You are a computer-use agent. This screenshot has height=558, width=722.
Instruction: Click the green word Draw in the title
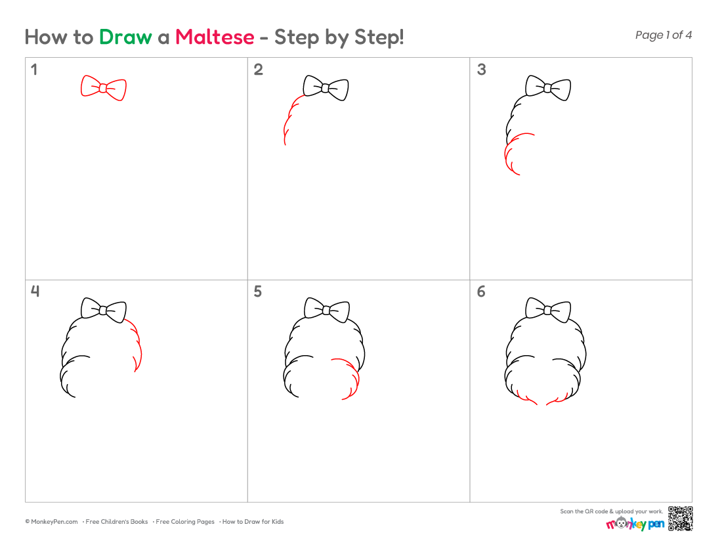(125, 37)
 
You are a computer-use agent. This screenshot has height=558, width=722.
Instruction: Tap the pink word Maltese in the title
(215, 37)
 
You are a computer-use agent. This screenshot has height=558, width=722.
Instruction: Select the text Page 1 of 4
(663, 35)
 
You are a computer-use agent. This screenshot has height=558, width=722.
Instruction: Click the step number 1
(33, 70)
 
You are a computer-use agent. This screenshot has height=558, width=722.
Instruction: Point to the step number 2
(259, 70)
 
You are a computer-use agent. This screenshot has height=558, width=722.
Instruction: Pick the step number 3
(481, 70)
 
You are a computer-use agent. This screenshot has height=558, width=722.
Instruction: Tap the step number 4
(35, 291)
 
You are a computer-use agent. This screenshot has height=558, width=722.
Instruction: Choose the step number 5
(258, 291)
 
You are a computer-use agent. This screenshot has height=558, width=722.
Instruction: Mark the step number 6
(481, 291)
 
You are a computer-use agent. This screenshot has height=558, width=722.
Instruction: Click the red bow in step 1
(104, 88)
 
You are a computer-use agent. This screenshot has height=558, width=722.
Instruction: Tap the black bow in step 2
(326, 88)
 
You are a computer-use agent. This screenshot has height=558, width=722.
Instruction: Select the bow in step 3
(548, 88)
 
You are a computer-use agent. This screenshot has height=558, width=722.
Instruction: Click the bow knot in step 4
(104, 311)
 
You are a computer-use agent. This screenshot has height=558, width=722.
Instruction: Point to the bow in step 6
(548, 311)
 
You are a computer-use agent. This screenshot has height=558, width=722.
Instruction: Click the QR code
(681, 519)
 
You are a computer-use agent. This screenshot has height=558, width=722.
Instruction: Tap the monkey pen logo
(635, 523)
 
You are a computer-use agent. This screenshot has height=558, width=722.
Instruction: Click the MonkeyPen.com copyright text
(52, 522)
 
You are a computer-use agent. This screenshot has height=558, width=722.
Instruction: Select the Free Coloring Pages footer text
(185, 522)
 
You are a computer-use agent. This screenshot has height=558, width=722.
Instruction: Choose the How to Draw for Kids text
(253, 522)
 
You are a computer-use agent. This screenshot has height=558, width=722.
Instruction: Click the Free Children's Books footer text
(116, 522)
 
